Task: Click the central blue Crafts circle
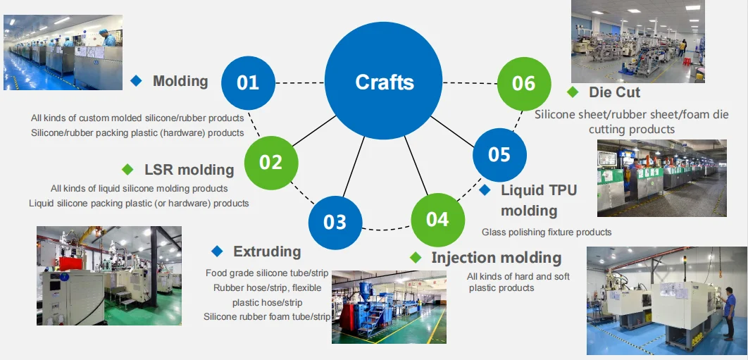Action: [384, 82]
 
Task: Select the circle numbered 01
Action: [248, 82]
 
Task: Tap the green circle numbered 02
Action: [270, 162]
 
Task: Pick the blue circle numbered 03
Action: [335, 222]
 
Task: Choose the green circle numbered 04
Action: [437, 219]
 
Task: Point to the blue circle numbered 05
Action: [499, 154]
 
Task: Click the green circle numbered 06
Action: [523, 83]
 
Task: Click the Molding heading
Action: [180, 81]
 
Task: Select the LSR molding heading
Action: [189, 170]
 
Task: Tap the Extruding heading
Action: [267, 252]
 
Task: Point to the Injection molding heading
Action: [496, 258]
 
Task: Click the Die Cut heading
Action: [614, 92]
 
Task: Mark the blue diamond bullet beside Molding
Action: [136, 81]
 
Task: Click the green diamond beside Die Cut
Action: [573, 92]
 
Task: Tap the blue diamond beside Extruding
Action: [217, 252]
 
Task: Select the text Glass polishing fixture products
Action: [547, 232]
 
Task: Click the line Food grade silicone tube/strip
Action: [267, 273]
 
